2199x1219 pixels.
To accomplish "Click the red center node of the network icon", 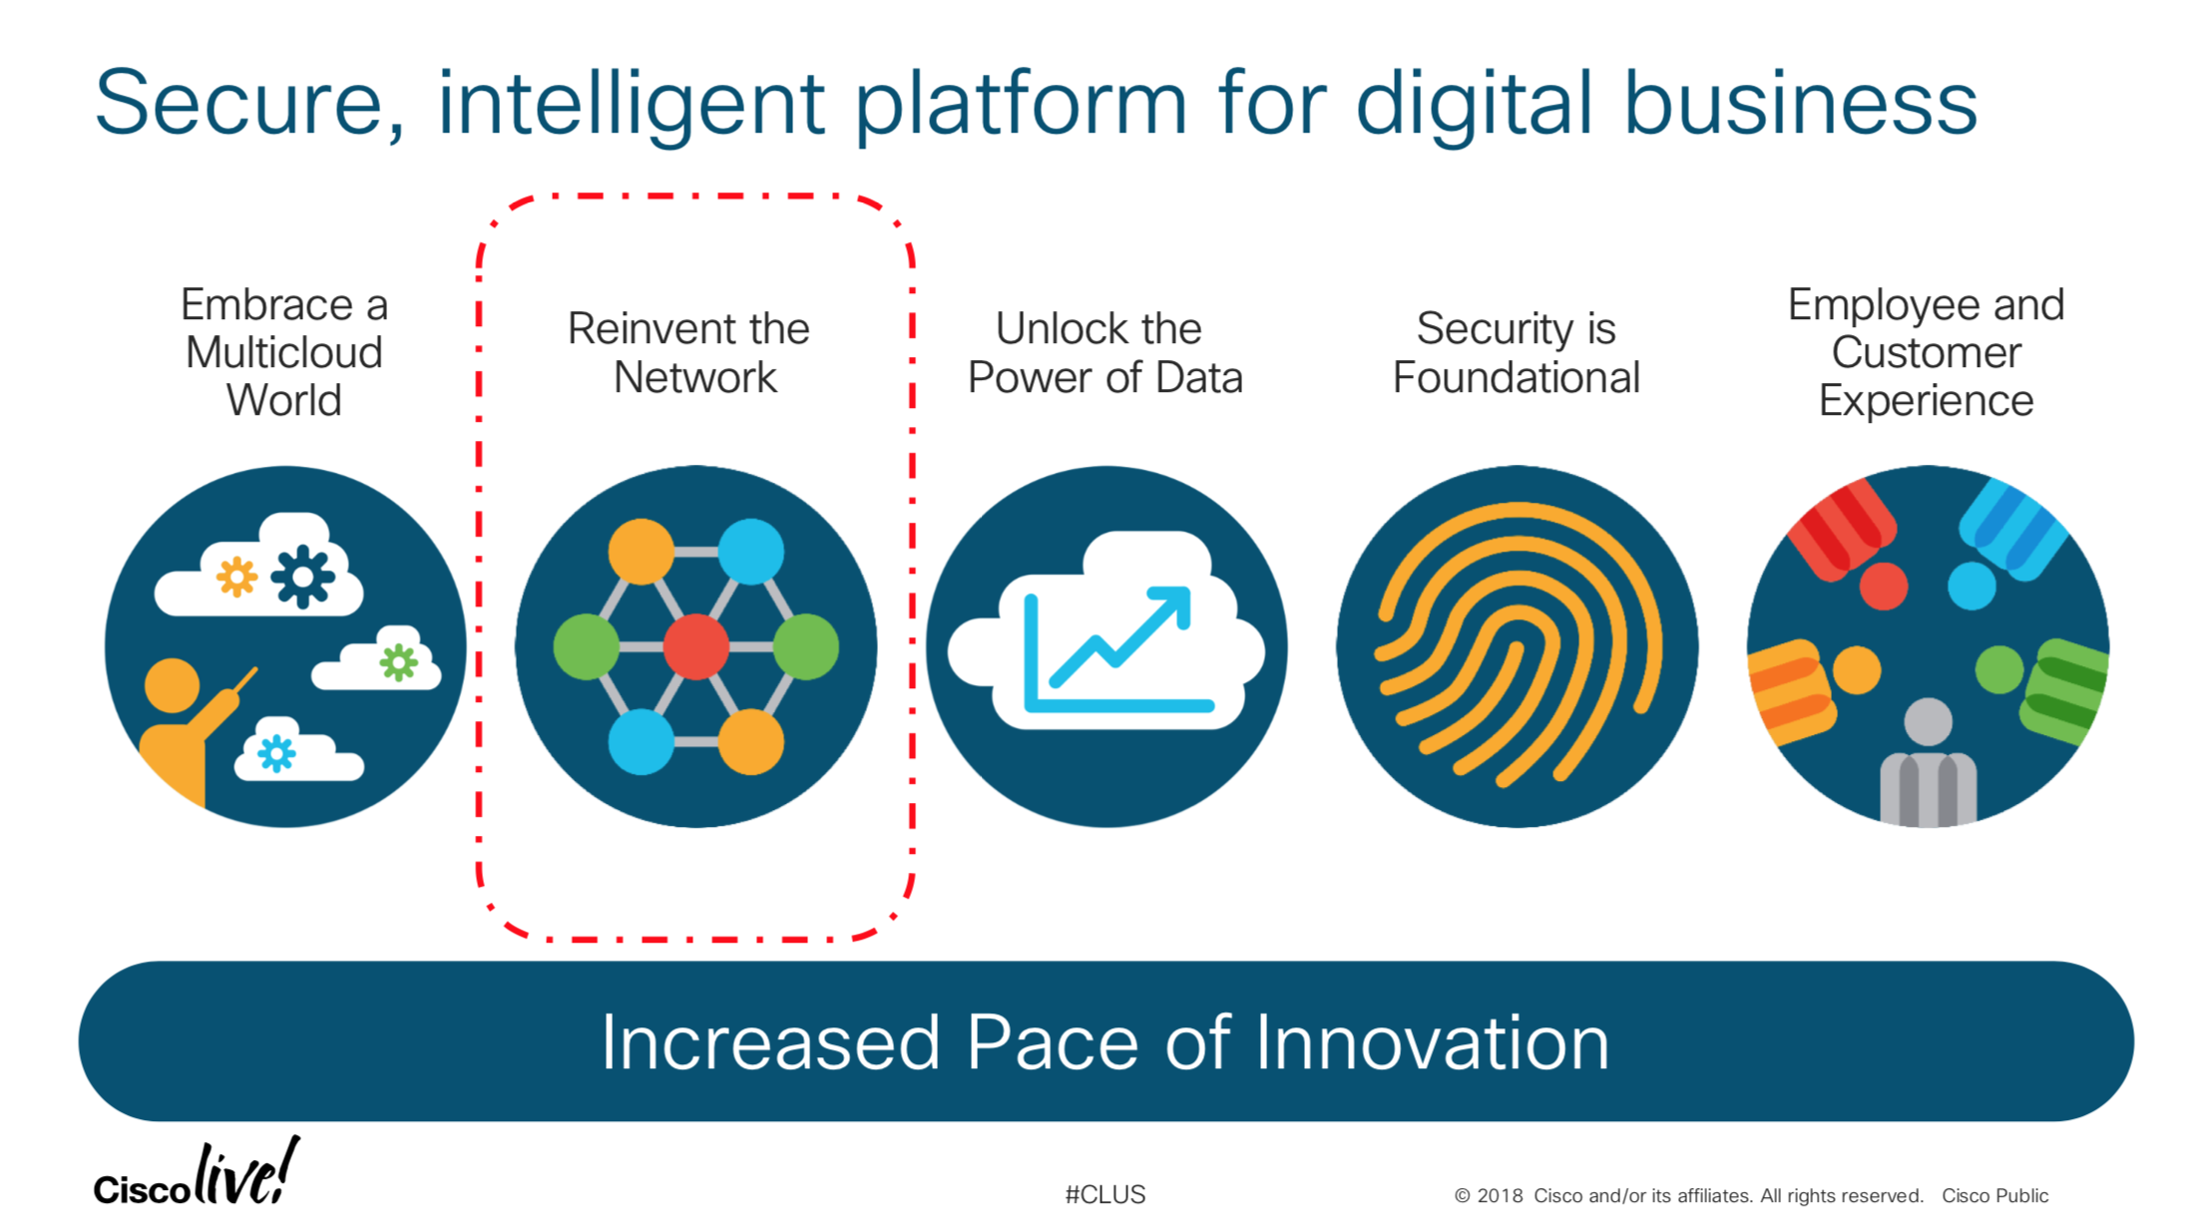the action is coord(696,646).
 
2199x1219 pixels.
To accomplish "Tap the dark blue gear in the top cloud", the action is coord(303,577).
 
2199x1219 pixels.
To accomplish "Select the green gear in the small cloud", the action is coord(398,661).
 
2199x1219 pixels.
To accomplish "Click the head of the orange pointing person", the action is coord(172,685).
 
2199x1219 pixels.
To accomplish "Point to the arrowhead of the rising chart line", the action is coord(1173,605).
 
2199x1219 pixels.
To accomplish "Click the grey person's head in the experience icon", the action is coord(1928,721).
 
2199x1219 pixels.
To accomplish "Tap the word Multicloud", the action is coord(284,352).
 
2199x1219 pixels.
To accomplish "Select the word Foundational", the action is coord(1517,377).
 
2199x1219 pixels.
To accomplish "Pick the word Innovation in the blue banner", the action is coord(1432,1042).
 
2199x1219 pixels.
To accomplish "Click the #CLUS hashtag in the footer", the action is coord(1105,1194).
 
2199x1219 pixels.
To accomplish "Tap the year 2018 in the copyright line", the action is coord(1500,1195).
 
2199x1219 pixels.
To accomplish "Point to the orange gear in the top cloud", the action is coord(237,577).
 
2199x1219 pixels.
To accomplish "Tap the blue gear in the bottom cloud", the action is coord(276,753).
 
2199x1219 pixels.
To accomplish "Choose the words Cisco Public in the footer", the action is coord(1994,1195).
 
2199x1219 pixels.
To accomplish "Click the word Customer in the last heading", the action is coord(1927,352).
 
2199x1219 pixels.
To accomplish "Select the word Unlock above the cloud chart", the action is coord(1049,328).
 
